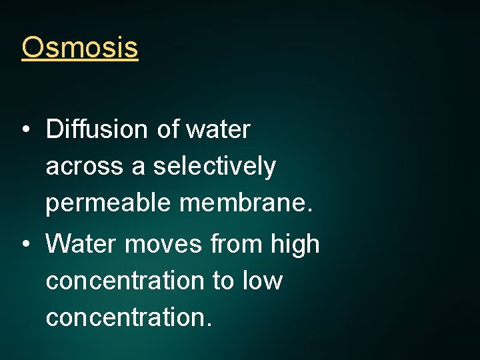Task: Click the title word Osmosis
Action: [x=79, y=47]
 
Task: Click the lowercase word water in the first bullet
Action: [x=218, y=129]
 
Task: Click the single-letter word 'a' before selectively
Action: [x=139, y=167]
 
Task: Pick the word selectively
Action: [x=214, y=166]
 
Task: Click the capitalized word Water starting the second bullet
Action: [x=81, y=245]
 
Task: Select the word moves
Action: [x=163, y=245]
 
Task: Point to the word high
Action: [x=295, y=245]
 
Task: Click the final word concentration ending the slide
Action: [x=126, y=317]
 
